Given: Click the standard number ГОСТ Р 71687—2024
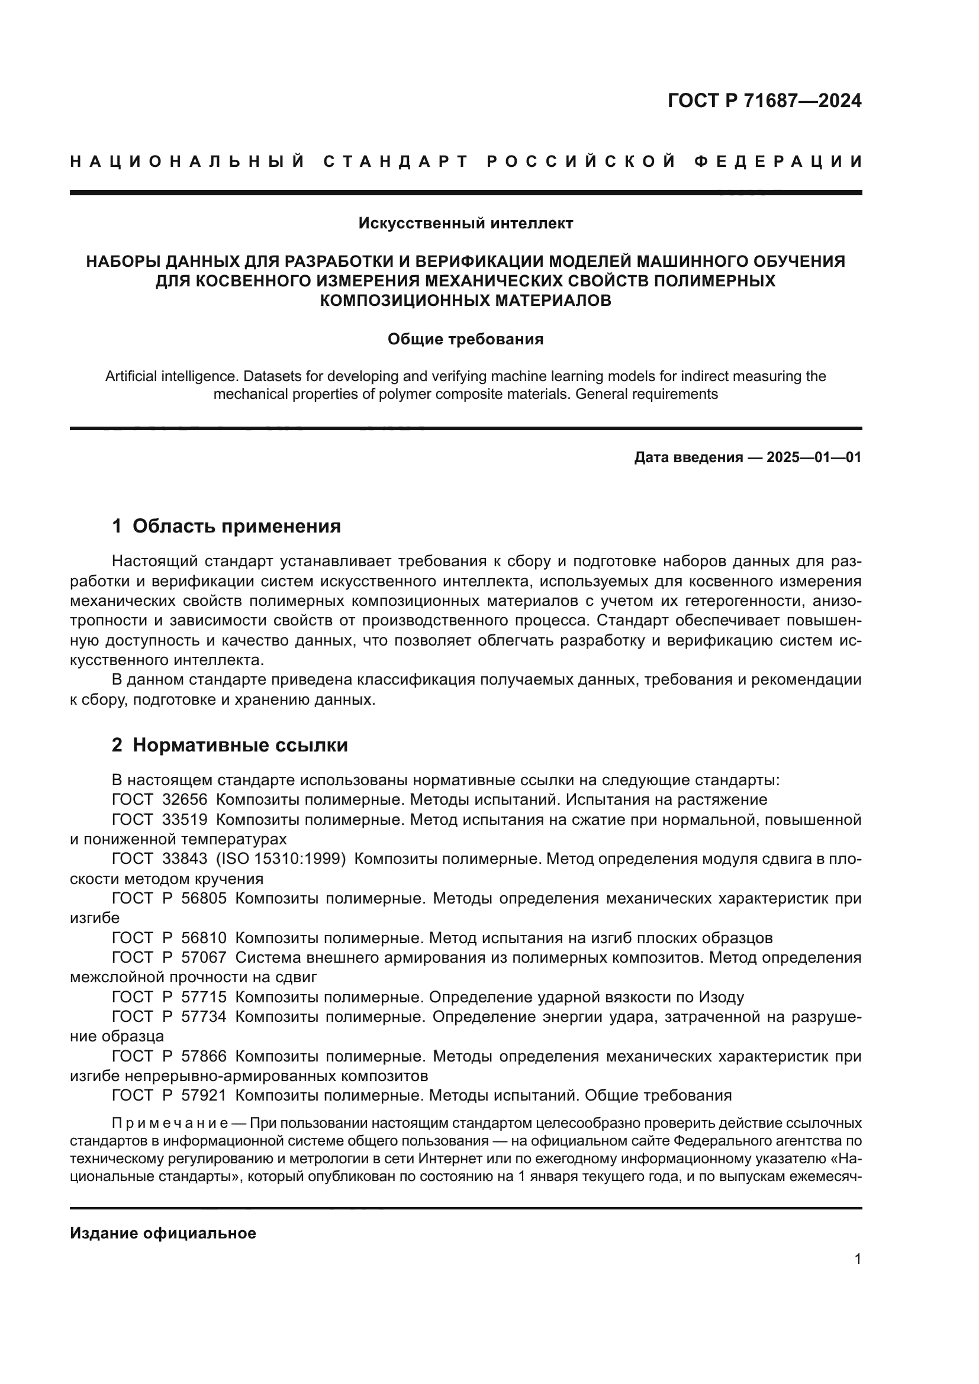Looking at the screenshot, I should (x=764, y=101).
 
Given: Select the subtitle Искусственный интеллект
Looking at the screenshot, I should (x=465, y=224).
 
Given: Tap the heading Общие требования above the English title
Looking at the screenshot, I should (x=465, y=340).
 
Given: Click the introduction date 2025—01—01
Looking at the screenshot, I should (x=814, y=457).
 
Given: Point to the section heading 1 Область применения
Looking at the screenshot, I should (x=226, y=526).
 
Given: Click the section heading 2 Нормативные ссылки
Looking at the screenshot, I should (x=230, y=746).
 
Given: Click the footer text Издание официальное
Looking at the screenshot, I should (x=163, y=1233).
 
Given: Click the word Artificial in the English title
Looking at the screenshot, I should (x=131, y=377).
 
